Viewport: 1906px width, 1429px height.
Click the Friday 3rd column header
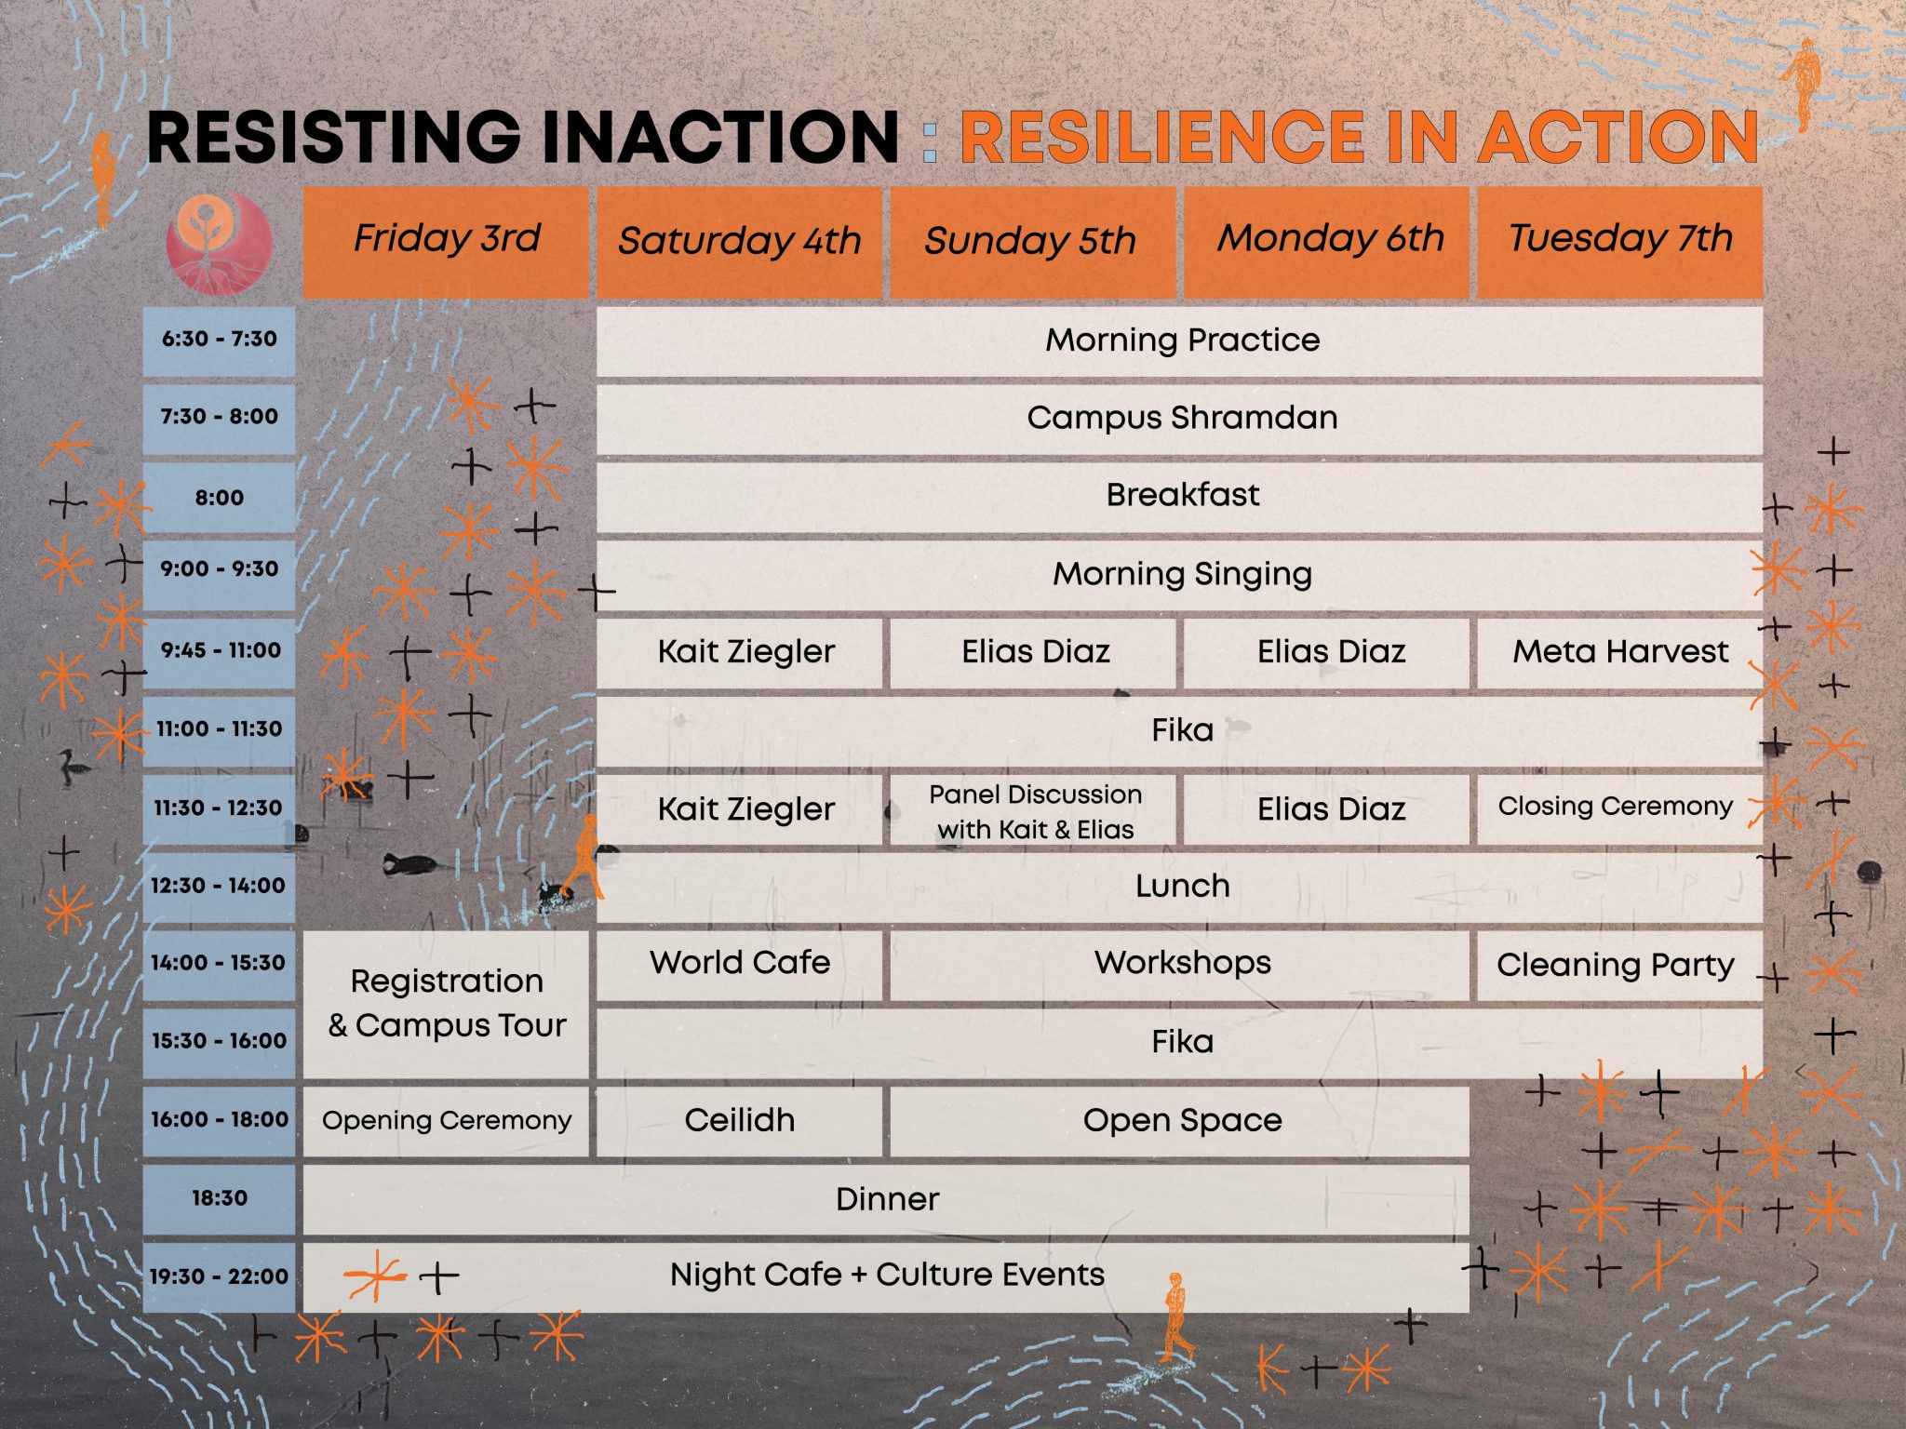coord(447,242)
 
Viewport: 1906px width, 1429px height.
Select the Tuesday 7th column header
coord(1619,242)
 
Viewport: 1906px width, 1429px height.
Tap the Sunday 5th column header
coord(1032,242)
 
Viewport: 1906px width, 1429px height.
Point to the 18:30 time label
coord(219,1199)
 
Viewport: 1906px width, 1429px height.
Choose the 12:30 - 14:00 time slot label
coord(219,887)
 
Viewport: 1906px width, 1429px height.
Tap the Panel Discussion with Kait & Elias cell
coord(1033,810)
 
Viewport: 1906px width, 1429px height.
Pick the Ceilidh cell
coord(739,1121)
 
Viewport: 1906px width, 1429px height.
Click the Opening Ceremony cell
coord(447,1121)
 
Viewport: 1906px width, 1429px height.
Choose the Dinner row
coord(886,1199)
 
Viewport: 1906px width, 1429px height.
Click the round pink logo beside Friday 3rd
coord(219,244)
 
